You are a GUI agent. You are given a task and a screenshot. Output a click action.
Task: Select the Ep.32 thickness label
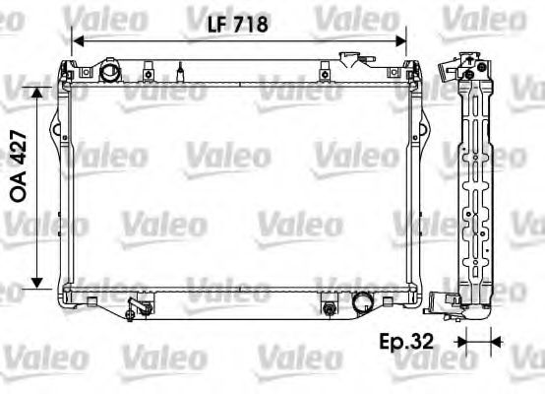pyautogui.click(x=406, y=342)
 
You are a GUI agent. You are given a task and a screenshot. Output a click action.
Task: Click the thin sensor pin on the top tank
pyautogui.click(x=180, y=71)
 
